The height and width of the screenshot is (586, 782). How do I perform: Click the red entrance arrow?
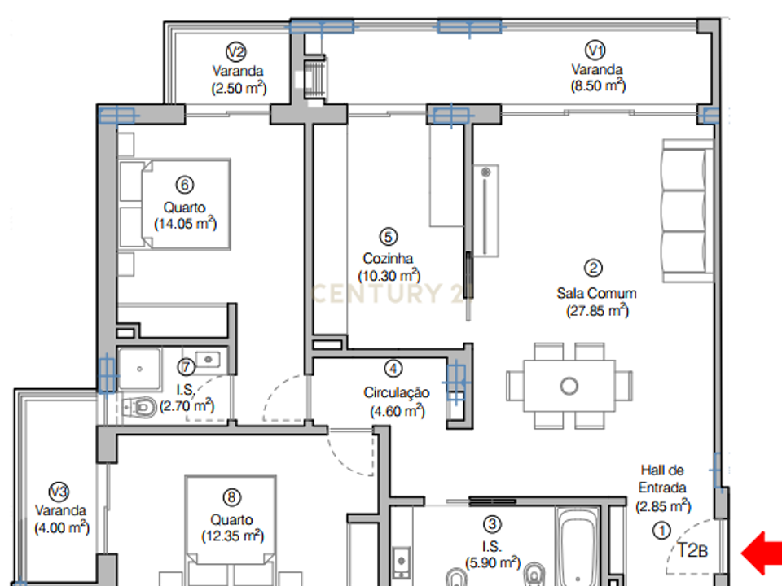point(761,553)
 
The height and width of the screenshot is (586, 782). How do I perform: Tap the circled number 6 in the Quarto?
point(185,185)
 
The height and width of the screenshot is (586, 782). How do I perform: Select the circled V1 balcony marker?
point(595,50)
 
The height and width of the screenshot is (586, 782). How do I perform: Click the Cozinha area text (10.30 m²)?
point(389,276)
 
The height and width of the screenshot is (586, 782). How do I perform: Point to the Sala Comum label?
point(596,293)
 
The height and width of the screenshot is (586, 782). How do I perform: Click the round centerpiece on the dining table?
point(569,386)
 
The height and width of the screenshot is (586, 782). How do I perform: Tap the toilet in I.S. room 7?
point(139,407)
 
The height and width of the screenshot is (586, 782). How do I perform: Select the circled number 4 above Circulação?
point(393,369)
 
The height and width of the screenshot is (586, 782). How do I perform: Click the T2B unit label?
point(692,550)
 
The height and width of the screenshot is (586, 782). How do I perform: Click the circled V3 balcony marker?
point(59,492)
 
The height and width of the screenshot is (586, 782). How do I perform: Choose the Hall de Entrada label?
point(662,479)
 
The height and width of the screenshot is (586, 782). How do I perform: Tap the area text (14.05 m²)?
point(185,223)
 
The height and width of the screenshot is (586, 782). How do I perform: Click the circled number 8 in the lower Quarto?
point(231,497)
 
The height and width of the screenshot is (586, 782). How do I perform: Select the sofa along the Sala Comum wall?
point(688,211)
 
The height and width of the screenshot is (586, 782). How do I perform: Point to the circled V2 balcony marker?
point(236,52)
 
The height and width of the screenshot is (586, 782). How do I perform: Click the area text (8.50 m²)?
point(598,85)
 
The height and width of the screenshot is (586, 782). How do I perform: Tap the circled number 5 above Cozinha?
point(389,237)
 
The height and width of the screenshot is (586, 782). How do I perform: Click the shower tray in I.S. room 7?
point(139,369)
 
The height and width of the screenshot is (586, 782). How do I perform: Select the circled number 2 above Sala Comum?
point(593,268)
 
